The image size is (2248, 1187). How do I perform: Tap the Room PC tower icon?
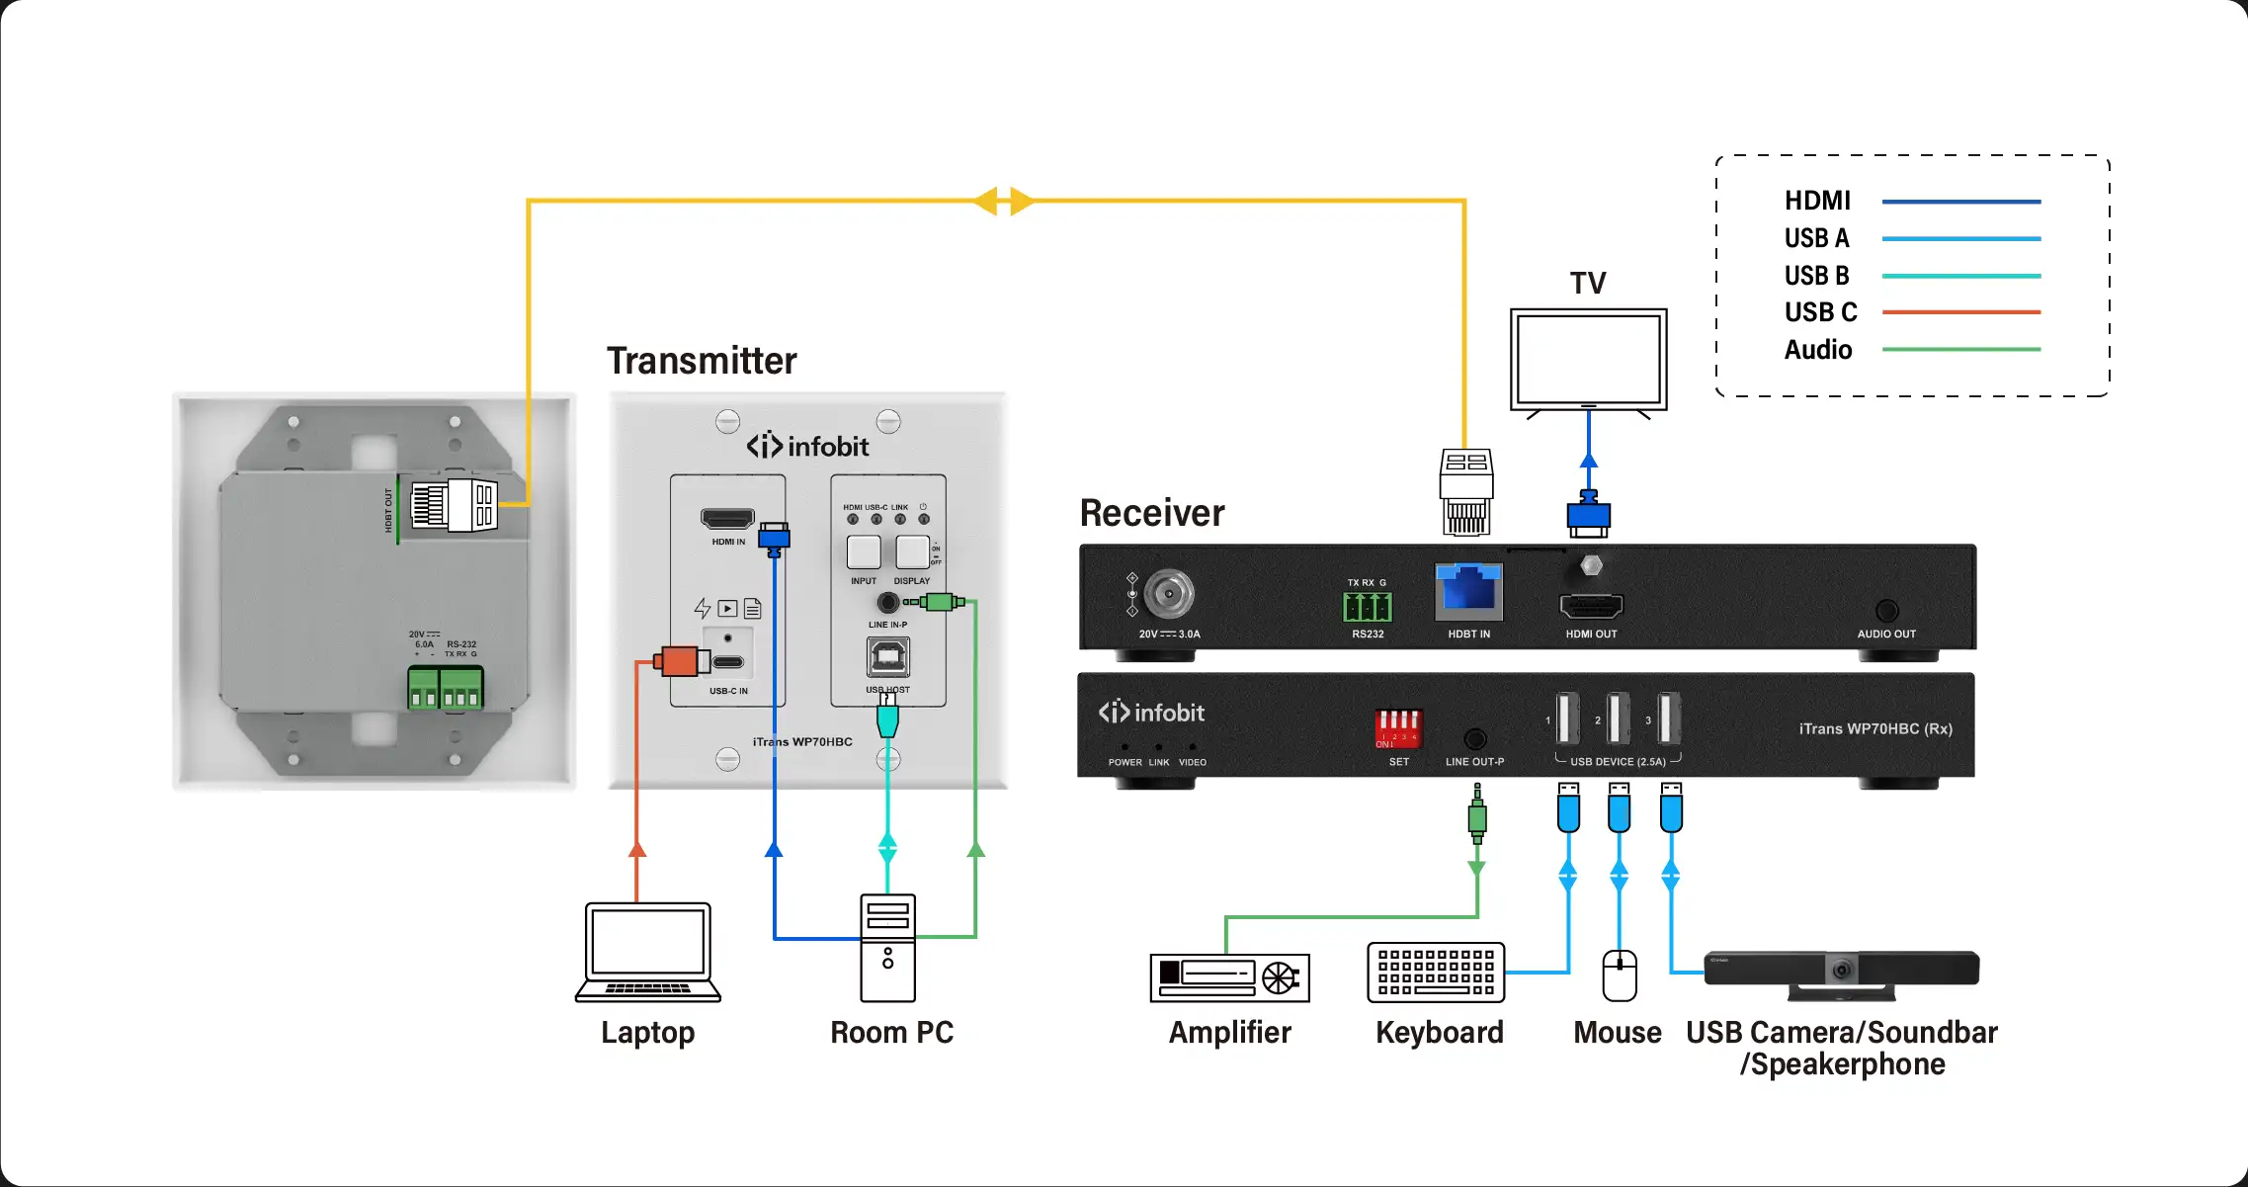click(x=887, y=948)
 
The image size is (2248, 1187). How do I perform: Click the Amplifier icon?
click(x=1229, y=977)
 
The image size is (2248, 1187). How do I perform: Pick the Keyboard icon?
click(x=1436, y=973)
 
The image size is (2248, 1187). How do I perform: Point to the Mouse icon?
click(x=1619, y=975)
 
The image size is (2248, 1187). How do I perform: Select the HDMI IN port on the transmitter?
click(x=727, y=519)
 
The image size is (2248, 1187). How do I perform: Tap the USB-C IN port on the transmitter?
click(x=728, y=662)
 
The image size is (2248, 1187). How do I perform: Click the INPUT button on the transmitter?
click(x=864, y=551)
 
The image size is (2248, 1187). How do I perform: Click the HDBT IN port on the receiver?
click(x=1468, y=590)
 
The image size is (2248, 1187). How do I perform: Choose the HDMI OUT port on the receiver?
click(x=1591, y=605)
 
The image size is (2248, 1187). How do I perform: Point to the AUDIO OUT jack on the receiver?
click(x=1886, y=611)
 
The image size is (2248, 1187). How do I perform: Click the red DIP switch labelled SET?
click(x=1398, y=727)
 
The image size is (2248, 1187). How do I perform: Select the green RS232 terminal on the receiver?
click(x=1368, y=607)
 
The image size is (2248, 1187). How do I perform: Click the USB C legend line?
click(x=1960, y=312)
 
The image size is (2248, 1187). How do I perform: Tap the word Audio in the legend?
click(x=1818, y=350)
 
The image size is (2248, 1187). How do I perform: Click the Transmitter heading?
click(x=702, y=361)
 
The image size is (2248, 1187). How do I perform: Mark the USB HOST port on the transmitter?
click(x=887, y=656)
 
